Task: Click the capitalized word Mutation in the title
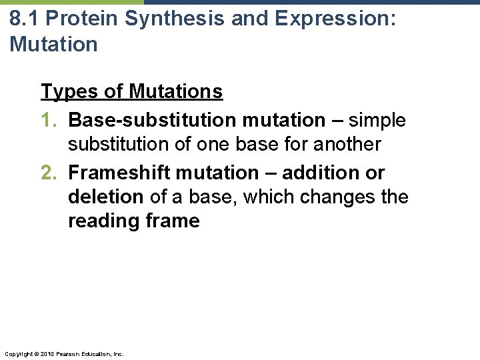point(53,45)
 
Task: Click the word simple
point(377,120)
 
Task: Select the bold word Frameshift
point(119,173)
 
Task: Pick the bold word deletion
point(105,197)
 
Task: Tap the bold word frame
point(174,221)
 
